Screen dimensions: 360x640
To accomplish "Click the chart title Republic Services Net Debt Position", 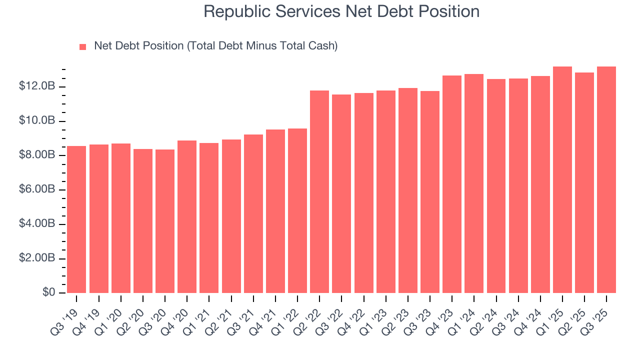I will coord(341,11).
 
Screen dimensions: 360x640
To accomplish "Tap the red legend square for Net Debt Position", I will coord(83,46).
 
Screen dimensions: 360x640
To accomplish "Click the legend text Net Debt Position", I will coord(215,46).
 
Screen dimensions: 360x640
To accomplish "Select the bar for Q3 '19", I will coord(76,219).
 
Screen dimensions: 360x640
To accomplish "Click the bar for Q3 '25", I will coord(606,180).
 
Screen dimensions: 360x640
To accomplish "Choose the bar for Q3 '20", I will coord(165,221).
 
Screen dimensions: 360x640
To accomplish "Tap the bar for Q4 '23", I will coord(452,184).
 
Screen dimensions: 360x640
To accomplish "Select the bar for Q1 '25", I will coord(562,180).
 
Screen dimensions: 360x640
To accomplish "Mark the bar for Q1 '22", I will coord(297,210).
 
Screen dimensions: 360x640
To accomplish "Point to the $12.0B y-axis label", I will coord(37,86).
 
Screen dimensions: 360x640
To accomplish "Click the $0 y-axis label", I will coord(48,292).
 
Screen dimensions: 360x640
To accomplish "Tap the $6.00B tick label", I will coord(37,189).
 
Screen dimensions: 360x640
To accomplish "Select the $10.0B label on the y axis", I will coord(37,121).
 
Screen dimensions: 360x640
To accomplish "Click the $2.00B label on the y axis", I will coord(37,258).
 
